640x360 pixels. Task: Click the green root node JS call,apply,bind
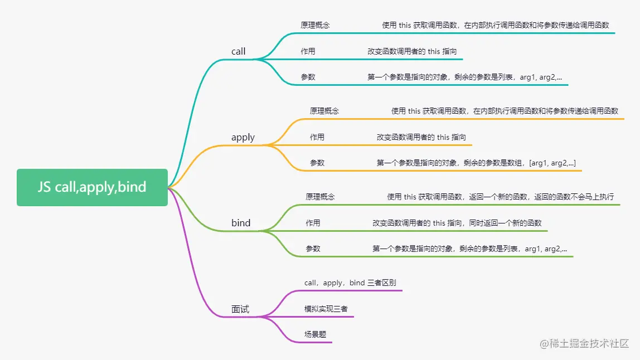(92, 187)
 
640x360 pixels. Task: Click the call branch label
(239, 51)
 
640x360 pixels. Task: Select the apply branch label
(243, 137)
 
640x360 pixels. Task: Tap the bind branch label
(241, 223)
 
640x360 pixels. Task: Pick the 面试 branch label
(240, 309)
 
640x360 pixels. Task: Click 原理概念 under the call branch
(315, 25)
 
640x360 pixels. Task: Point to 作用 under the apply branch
(317, 137)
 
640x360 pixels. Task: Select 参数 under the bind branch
(313, 249)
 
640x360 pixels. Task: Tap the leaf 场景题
(315, 334)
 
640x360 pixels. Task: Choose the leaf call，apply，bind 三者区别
(350, 283)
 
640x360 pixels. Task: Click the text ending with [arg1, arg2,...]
(476, 163)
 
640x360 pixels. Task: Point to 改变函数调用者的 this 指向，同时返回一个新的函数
(457, 223)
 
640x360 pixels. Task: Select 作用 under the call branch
(308, 51)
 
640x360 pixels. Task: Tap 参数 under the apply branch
(317, 163)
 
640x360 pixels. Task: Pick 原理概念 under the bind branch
(320, 197)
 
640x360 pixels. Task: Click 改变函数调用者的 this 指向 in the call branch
(412, 51)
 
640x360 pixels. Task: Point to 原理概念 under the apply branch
(324, 111)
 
